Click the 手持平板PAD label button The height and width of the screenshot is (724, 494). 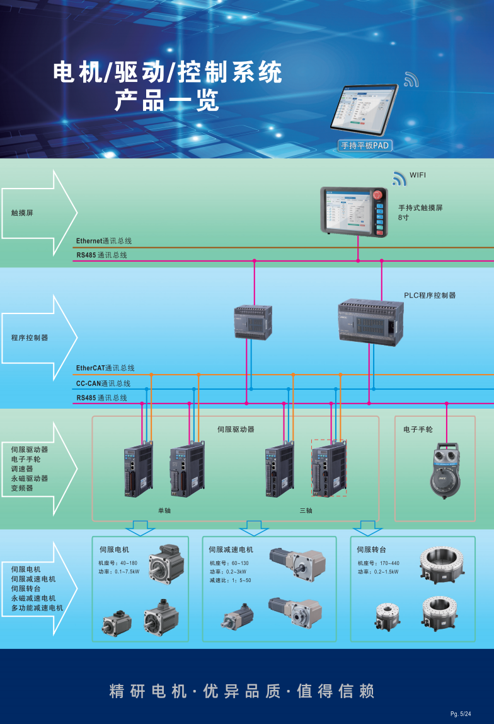[365, 146]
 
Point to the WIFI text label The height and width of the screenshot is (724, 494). [418, 175]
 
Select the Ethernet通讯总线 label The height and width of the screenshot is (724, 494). [104, 241]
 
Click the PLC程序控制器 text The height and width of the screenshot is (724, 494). [430, 295]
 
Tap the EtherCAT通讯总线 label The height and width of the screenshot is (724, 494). [105, 368]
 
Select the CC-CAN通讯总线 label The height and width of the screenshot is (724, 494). [103, 383]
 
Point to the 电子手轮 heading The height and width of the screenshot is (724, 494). [418, 429]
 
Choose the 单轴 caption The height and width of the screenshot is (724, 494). [164, 510]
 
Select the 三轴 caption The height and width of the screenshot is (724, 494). [306, 510]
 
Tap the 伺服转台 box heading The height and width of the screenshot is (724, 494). [371, 549]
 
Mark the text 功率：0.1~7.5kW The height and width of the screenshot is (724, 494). [119, 572]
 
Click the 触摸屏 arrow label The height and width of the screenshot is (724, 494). [22, 213]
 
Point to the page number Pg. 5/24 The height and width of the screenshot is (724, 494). [461, 713]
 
